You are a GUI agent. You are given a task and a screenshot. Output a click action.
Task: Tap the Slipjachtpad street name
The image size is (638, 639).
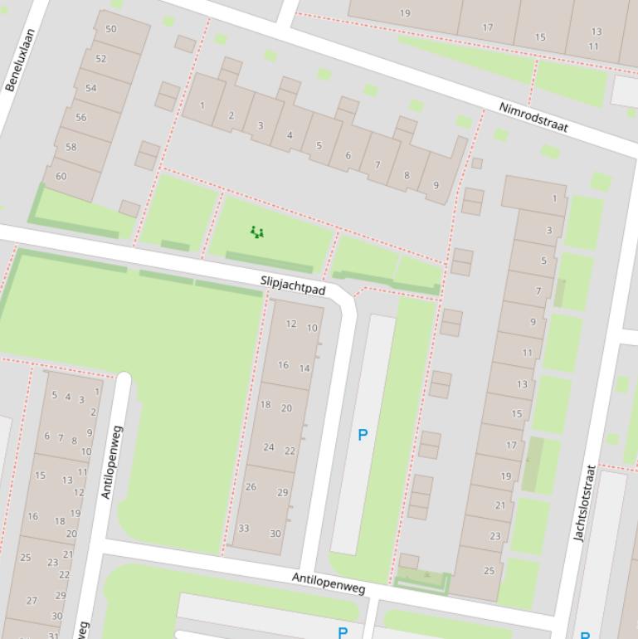pos(293,285)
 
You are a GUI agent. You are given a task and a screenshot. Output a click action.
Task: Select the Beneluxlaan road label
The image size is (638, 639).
pos(21,60)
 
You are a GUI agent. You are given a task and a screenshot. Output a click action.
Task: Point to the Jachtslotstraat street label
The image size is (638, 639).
pos(585,503)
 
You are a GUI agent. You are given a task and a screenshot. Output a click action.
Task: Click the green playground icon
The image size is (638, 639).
pos(257,232)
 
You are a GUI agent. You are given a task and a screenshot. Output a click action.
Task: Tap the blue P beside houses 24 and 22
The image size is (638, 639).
pos(362,435)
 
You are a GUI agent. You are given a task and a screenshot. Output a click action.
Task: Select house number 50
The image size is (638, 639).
pos(111,29)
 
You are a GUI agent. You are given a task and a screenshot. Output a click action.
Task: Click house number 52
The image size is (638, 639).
pos(101,59)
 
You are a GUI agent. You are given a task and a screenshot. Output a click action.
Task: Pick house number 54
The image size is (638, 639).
pos(91,88)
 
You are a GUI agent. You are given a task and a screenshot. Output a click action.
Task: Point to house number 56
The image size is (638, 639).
pos(81,118)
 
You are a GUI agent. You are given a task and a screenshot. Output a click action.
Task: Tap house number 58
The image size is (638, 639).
pos(71,147)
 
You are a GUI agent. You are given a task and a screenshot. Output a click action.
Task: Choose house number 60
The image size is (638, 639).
pos(61,176)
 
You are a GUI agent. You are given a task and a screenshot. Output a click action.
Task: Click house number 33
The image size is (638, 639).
pos(244,529)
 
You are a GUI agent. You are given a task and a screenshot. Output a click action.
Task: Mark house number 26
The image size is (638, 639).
pos(251,487)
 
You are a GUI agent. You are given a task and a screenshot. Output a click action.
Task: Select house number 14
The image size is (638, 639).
pos(304,368)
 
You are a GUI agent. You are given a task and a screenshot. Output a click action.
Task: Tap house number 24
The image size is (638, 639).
pos(269,447)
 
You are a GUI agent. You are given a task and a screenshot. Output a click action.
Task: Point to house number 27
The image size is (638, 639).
pos(32,601)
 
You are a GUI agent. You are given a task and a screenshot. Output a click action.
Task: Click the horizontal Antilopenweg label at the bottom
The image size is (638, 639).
pos(329,583)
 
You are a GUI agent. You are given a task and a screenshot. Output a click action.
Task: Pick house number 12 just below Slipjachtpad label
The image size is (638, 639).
pos(291,324)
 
